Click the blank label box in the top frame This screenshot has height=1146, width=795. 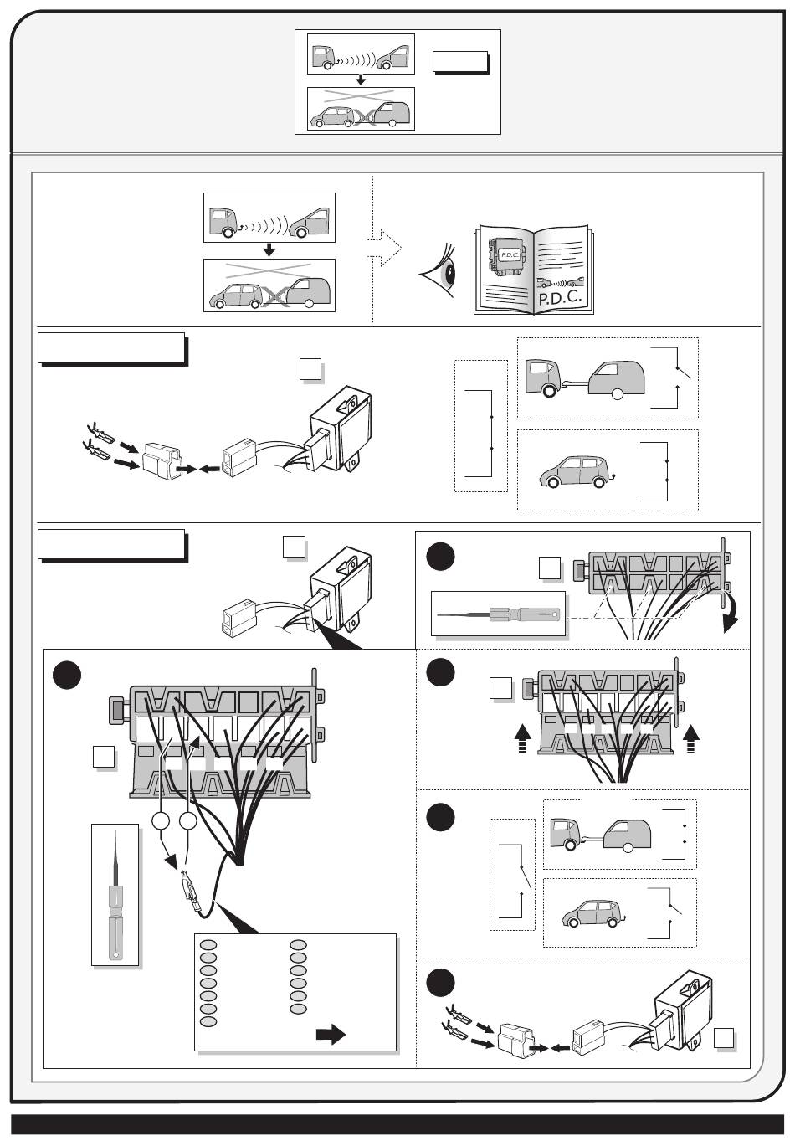tap(459, 62)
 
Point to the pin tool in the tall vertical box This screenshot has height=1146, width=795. tap(114, 893)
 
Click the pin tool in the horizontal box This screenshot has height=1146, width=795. tap(499, 616)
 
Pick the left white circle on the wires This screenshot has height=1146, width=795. tap(162, 822)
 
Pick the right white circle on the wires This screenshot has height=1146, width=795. tap(188, 822)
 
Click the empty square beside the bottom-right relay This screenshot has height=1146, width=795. tap(725, 1038)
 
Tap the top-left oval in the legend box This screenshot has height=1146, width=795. tap(208, 945)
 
